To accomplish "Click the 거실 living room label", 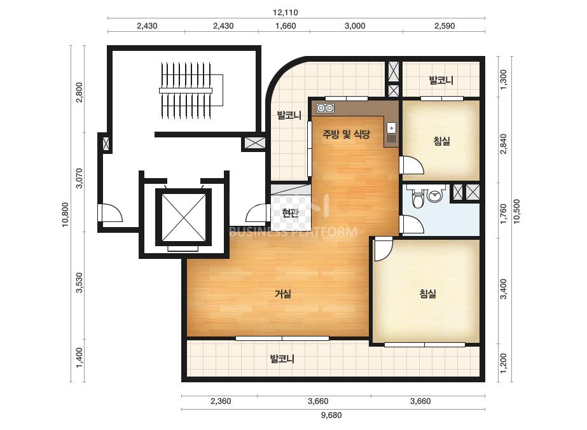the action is [283, 294].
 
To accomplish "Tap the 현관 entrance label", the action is [291, 213].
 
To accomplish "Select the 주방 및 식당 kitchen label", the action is [346, 134].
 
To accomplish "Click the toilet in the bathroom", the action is [417, 197].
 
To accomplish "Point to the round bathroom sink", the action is [434, 195].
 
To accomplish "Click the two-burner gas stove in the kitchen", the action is [326, 108].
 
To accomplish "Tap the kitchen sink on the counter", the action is [391, 133].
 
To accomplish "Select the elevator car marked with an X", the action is [183, 218].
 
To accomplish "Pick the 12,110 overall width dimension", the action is [286, 12].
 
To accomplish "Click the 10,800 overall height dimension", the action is [66, 214].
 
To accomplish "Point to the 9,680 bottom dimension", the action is [331, 415].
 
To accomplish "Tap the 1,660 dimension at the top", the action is [286, 26].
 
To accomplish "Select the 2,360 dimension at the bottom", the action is [221, 401].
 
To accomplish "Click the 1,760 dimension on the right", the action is [504, 214].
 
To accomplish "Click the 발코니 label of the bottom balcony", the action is [282, 359].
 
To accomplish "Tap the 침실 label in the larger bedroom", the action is [428, 293].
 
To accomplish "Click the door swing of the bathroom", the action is [412, 225].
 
